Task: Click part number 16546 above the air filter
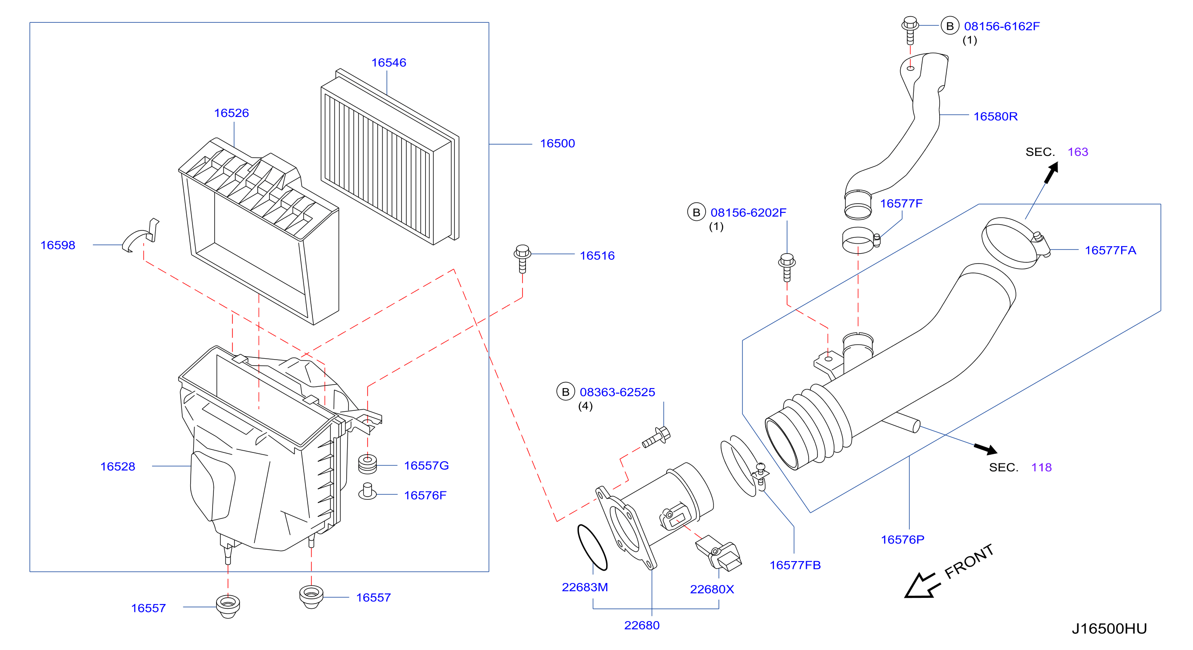point(389,63)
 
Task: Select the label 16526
point(231,113)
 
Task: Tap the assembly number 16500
point(557,144)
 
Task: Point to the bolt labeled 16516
point(522,259)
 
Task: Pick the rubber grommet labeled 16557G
point(368,465)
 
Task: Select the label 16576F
point(425,495)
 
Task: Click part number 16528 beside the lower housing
point(117,466)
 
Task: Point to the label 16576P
point(902,540)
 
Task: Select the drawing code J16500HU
point(1109,629)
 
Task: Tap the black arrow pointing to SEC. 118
point(986,449)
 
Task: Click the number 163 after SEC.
point(1078,152)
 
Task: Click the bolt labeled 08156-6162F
point(910,30)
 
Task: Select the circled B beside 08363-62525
point(565,392)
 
